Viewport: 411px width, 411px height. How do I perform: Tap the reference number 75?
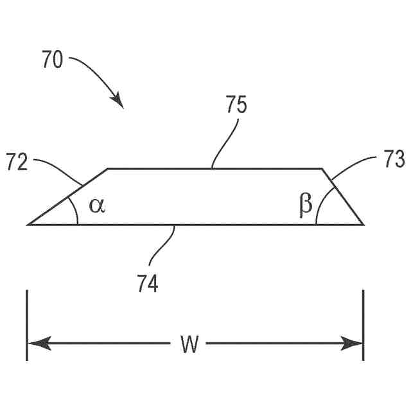pyautogui.click(x=236, y=105)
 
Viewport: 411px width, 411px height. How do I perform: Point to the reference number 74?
pyautogui.click(x=148, y=283)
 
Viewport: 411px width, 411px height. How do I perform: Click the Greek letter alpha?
pyautogui.click(x=96, y=205)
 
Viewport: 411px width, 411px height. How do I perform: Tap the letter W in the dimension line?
pyautogui.click(x=189, y=345)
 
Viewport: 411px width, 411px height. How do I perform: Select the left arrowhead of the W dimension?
pyautogui.click(x=35, y=344)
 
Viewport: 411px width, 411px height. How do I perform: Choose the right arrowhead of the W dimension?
pyautogui.click(x=356, y=344)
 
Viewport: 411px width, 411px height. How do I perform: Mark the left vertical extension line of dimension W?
pyautogui.click(x=27, y=325)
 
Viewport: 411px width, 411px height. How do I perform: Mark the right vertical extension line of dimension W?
pyautogui.click(x=363, y=325)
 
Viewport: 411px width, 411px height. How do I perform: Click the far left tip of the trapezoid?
pyautogui.click(x=28, y=224)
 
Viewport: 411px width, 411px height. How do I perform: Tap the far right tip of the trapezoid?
pyautogui.click(x=363, y=224)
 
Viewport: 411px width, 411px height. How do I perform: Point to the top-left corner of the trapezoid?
pyautogui.click(x=107, y=169)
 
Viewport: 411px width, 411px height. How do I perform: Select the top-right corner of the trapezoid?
pyautogui.click(x=322, y=169)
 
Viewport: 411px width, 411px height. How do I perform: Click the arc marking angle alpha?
pyautogui.click(x=75, y=209)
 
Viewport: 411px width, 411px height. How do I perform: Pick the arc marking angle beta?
pyautogui.click(x=320, y=207)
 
